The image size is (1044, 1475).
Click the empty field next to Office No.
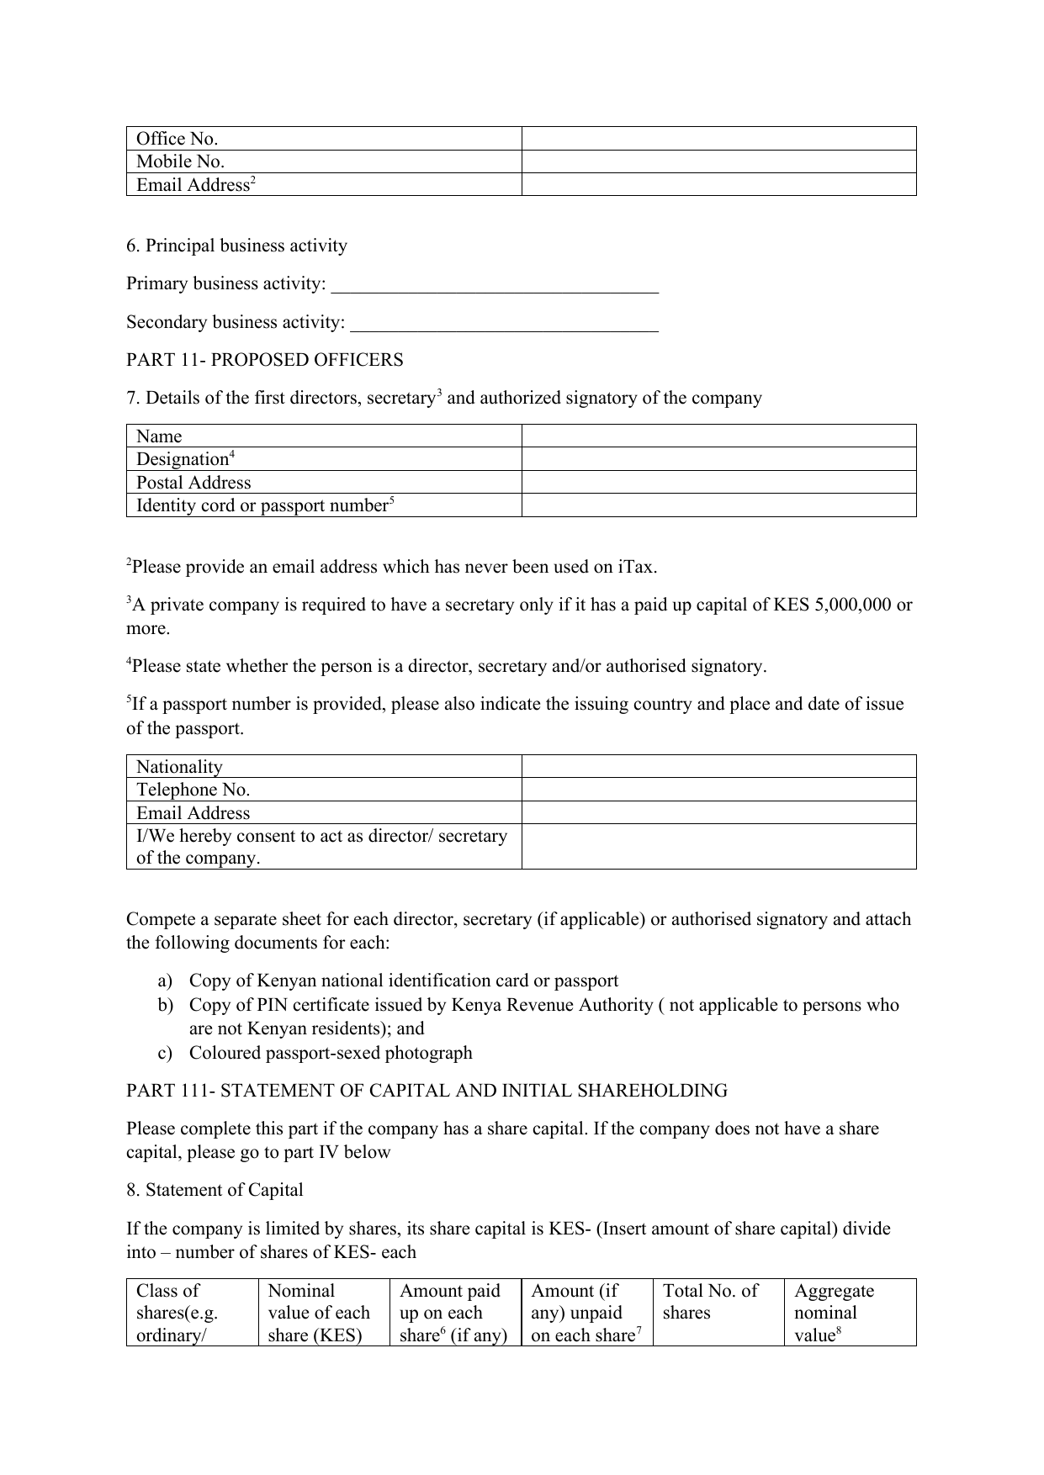pos(718,139)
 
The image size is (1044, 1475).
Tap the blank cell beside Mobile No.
pos(718,161)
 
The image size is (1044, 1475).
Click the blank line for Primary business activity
pos(495,285)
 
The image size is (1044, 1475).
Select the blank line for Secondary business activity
pos(503,324)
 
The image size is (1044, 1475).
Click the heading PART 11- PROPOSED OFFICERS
pos(264,360)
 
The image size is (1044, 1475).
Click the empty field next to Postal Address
pos(718,482)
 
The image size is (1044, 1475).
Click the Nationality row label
pos(179,767)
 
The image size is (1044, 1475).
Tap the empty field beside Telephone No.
pos(718,790)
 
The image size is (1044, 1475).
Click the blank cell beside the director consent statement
pos(718,846)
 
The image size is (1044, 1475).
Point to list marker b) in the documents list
pos(165,1005)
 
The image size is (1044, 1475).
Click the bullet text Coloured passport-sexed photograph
pos(330,1053)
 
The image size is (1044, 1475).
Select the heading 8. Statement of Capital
pos(215,1190)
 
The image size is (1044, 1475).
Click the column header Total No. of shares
pos(710,1302)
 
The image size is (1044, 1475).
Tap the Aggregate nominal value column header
pos(834,1313)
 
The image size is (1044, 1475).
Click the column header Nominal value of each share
pos(318,1313)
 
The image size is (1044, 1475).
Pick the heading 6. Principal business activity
pos(236,246)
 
